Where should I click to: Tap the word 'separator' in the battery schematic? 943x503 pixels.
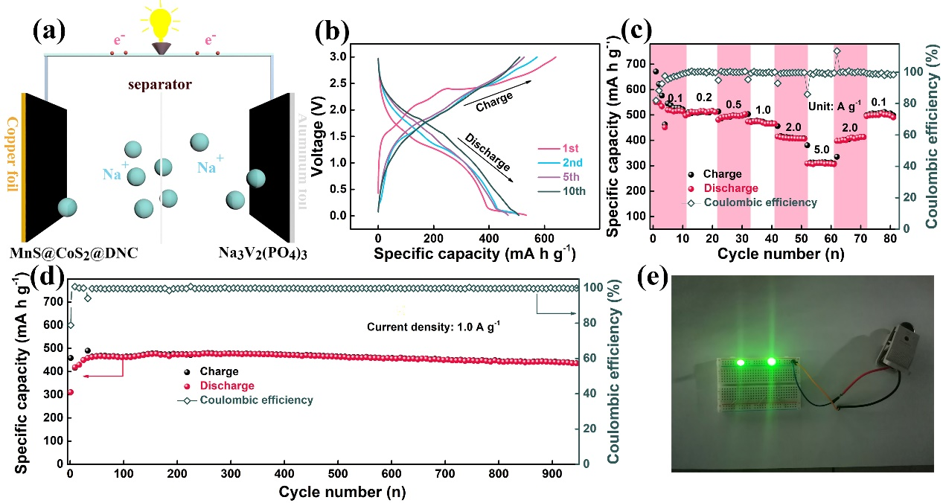(159, 86)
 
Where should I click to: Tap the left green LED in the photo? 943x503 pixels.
(741, 362)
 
